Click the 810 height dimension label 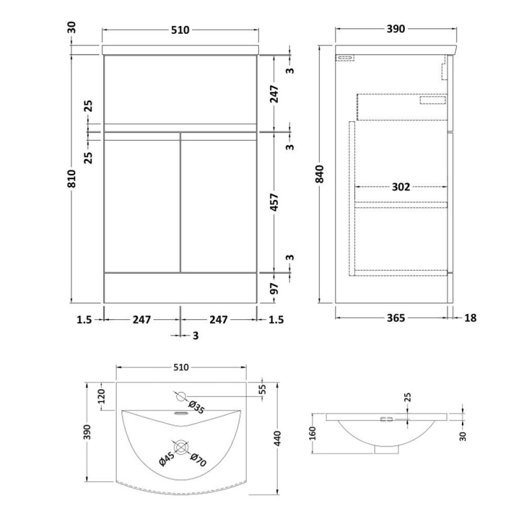(x=72, y=179)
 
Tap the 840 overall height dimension (x=320, y=174)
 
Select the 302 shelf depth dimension (x=401, y=187)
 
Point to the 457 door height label (x=274, y=202)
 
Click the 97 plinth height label (x=274, y=289)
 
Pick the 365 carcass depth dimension (x=396, y=318)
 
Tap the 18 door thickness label (x=470, y=318)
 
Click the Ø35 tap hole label (x=197, y=407)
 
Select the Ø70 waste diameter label (x=199, y=460)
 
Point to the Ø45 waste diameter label (x=167, y=459)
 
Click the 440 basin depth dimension (x=278, y=439)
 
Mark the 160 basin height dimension (x=313, y=433)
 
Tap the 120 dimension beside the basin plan (x=101, y=396)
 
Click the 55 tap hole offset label (x=262, y=389)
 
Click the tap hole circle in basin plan (x=181, y=396)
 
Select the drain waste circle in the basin (x=181, y=448)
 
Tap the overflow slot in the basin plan (x=181, y=413)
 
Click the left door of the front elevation (x=142, y=202)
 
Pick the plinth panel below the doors (x=180, y=288)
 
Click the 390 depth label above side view (x=396, y=29)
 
